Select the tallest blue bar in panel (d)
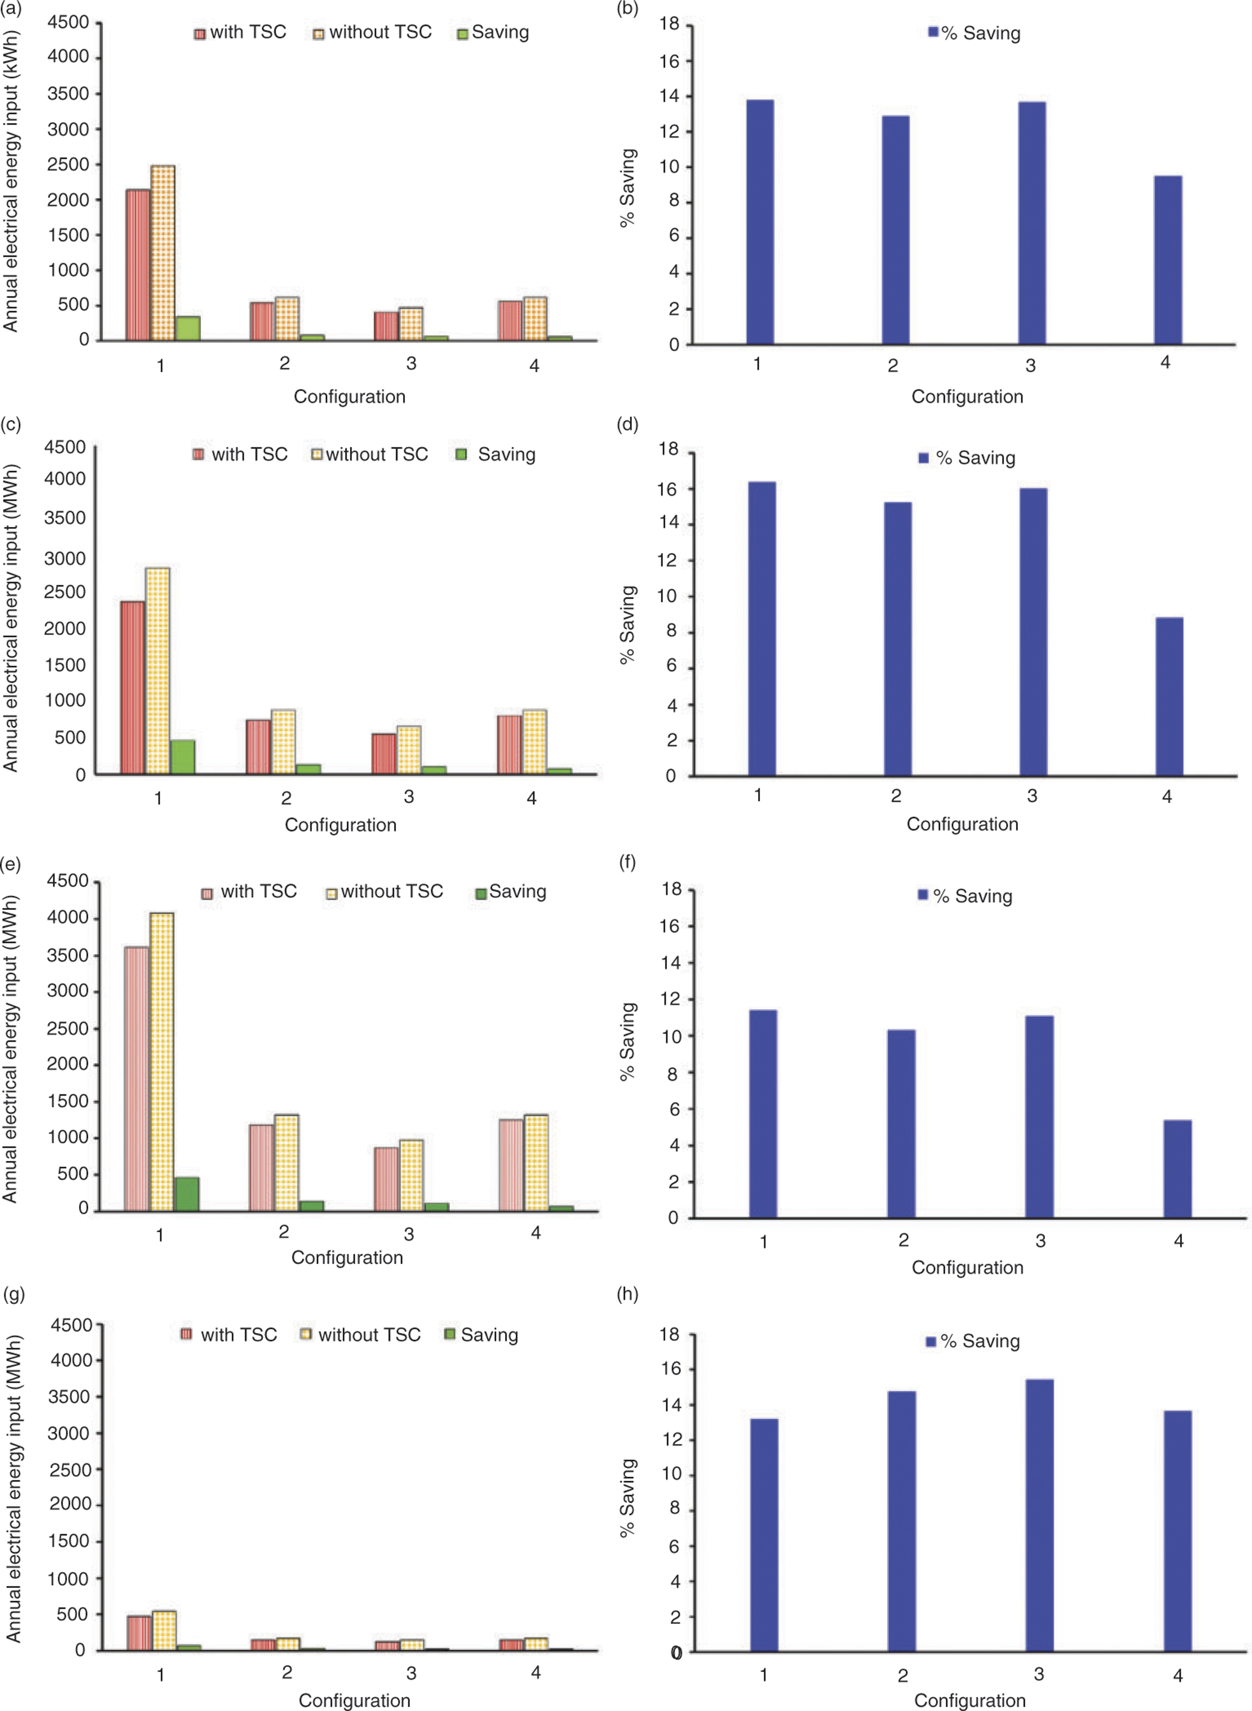761,628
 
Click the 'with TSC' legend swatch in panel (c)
199,454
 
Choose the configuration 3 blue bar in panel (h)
1039,1516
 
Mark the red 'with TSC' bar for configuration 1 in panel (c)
133,687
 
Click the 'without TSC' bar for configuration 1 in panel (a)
163,253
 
